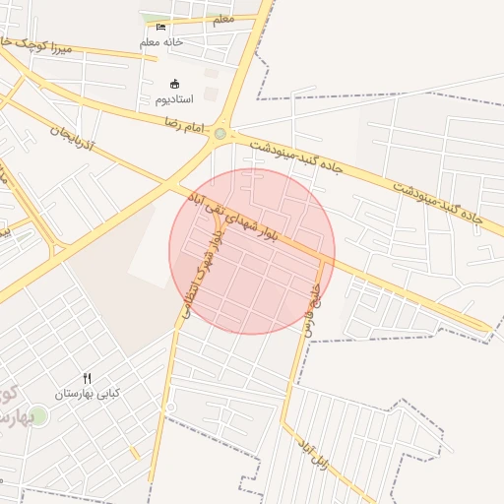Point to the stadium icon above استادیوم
(x=175, y=85)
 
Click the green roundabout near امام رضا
(x=220, y=134)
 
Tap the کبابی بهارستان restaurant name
(x=87, y=393)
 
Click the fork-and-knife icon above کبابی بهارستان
(x=87, y=378)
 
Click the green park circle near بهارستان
(x=38, y=416)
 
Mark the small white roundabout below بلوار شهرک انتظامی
(x=170, y=407)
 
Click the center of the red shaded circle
(x=252, y=252)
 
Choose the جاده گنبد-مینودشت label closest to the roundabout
(x=295, y=157)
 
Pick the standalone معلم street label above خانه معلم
(x=223, y=19)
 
